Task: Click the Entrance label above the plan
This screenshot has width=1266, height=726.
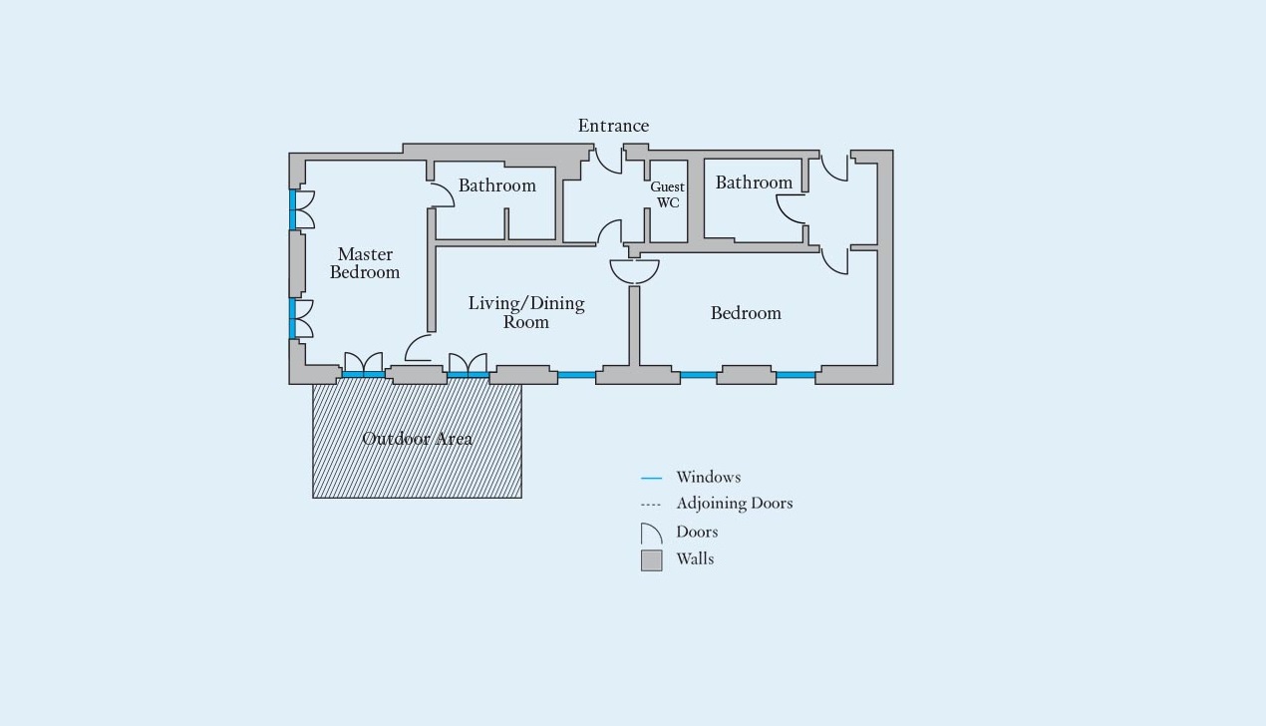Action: click(613, 126)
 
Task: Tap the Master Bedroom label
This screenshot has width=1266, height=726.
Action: click(365, 263)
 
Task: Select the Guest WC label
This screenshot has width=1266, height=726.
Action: click(668, 194)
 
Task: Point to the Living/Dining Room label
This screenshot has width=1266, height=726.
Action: click(526, 312)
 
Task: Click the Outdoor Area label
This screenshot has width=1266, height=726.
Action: click(417, 439)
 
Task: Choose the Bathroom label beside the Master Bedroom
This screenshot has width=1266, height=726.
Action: click(497, 185)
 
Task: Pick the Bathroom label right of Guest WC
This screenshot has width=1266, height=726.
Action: click(754, 182)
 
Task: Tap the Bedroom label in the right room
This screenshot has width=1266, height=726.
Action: click(746, 313)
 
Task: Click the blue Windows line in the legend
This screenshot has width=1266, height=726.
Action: click(651, 479)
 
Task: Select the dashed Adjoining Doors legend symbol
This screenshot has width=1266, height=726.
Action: click(651, 505)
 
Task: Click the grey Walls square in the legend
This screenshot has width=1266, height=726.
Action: click(652, 560)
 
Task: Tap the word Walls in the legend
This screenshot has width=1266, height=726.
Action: click(695, 559)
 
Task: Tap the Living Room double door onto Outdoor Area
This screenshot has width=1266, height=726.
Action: click(468, 364)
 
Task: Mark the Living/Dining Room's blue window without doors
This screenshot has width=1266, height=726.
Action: click(576, 375)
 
